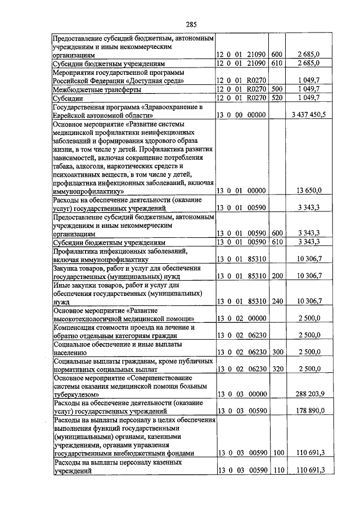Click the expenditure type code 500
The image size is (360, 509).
[277, 89]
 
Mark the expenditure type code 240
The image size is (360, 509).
[277, 301]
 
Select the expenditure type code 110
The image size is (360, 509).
[277, 470]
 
